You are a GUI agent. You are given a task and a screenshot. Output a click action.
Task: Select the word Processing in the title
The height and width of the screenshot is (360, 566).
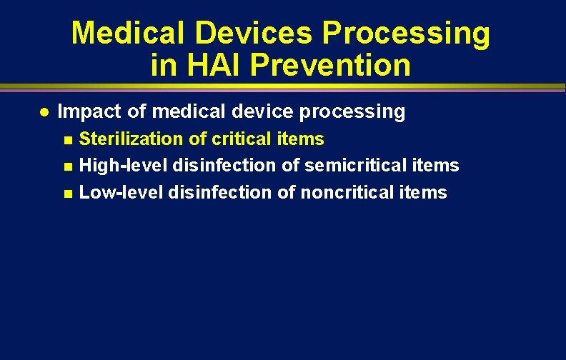click(x=407, y=34)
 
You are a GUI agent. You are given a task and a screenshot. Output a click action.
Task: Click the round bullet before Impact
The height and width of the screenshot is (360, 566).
click(x=44, y=112)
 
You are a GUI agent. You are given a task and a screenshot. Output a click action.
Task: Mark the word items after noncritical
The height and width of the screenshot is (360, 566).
click(x=427, y=193)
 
